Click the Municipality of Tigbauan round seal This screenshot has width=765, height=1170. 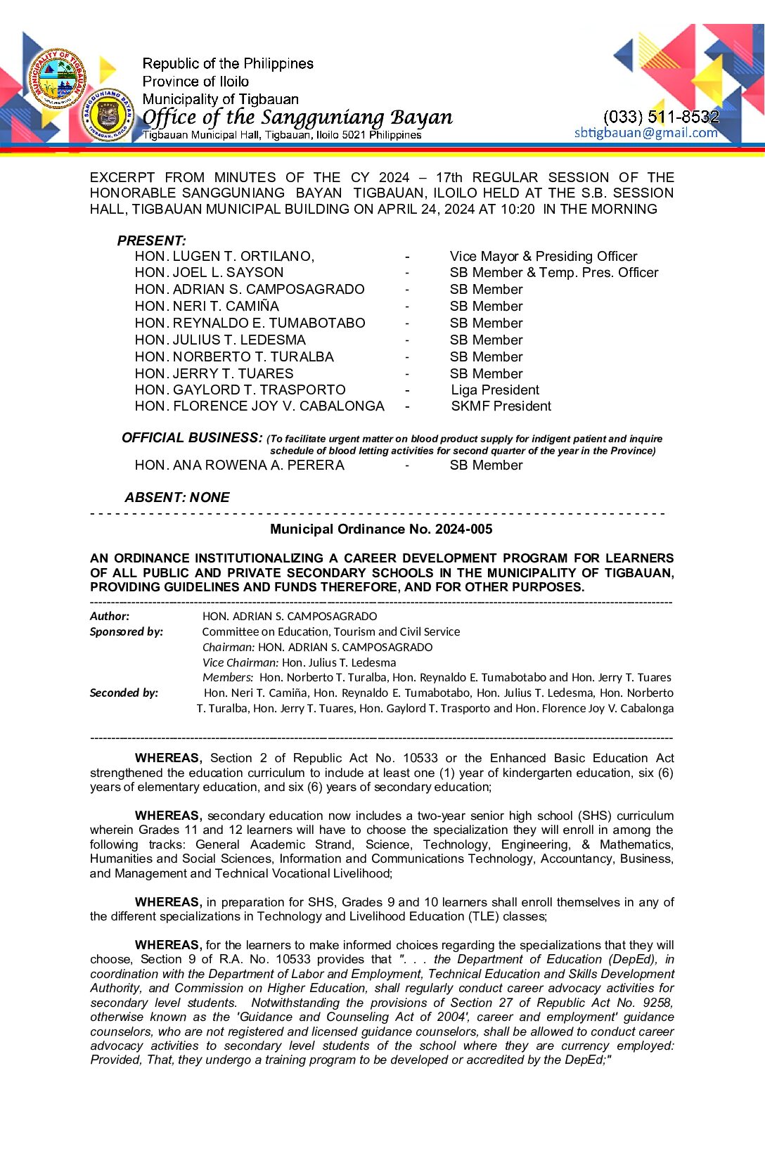(58, 79)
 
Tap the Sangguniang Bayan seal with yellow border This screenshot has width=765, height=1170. (107, 115)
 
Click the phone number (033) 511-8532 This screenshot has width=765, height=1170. (661, 117)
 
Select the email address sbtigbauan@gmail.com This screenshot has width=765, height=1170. (645, 133)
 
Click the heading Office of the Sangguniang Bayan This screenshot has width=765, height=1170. (297, 117)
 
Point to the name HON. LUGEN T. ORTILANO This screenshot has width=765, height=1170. (224, 257)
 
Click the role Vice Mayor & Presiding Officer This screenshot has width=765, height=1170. (544, 257)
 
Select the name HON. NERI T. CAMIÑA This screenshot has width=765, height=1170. (207, 307)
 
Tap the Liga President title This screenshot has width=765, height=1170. (495, 390)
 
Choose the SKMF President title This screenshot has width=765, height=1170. (501, 406)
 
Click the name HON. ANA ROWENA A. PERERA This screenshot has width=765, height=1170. (239, 465)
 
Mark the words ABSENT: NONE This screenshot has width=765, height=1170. (177, 498)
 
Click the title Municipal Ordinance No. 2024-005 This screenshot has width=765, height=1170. (381, 529)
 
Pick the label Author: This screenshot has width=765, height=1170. (110, 617)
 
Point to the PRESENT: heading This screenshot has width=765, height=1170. (151, 241)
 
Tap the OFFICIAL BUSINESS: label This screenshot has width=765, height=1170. (192, 438)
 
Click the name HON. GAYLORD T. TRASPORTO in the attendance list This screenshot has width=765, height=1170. (240, 390)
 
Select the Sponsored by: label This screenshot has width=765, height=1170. (127, 632)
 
